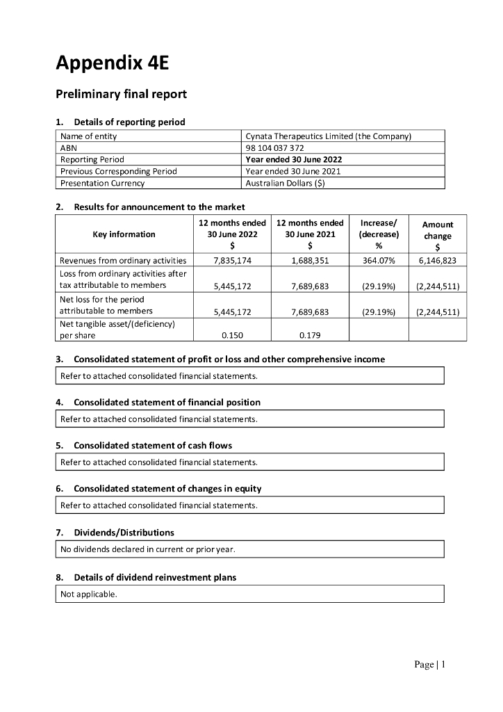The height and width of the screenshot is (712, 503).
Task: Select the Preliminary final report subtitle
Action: (121, 94)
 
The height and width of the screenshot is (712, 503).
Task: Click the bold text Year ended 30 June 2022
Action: (293, 159)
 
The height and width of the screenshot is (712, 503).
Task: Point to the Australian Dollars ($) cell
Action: (285, 183)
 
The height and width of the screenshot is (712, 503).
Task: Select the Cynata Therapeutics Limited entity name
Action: (329, 136)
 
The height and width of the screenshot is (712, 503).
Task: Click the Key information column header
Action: (124, 234)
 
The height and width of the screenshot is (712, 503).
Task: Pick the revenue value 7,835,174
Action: (232, 260)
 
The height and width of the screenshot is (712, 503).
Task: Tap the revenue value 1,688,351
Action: (310, 260)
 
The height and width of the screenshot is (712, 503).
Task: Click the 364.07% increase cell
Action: (379, 260)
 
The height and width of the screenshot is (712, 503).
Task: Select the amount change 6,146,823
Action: (438, 260)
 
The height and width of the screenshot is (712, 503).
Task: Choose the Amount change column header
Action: (438, 235)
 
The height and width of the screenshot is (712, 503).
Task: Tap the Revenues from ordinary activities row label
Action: (123, 260)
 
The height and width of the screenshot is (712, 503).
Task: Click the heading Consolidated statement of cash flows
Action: (153, 445)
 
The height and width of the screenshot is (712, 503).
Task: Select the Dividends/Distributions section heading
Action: (124, 533)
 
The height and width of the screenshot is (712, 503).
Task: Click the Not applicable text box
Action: (249, 594)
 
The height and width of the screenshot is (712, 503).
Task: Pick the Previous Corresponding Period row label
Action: (119, 171)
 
